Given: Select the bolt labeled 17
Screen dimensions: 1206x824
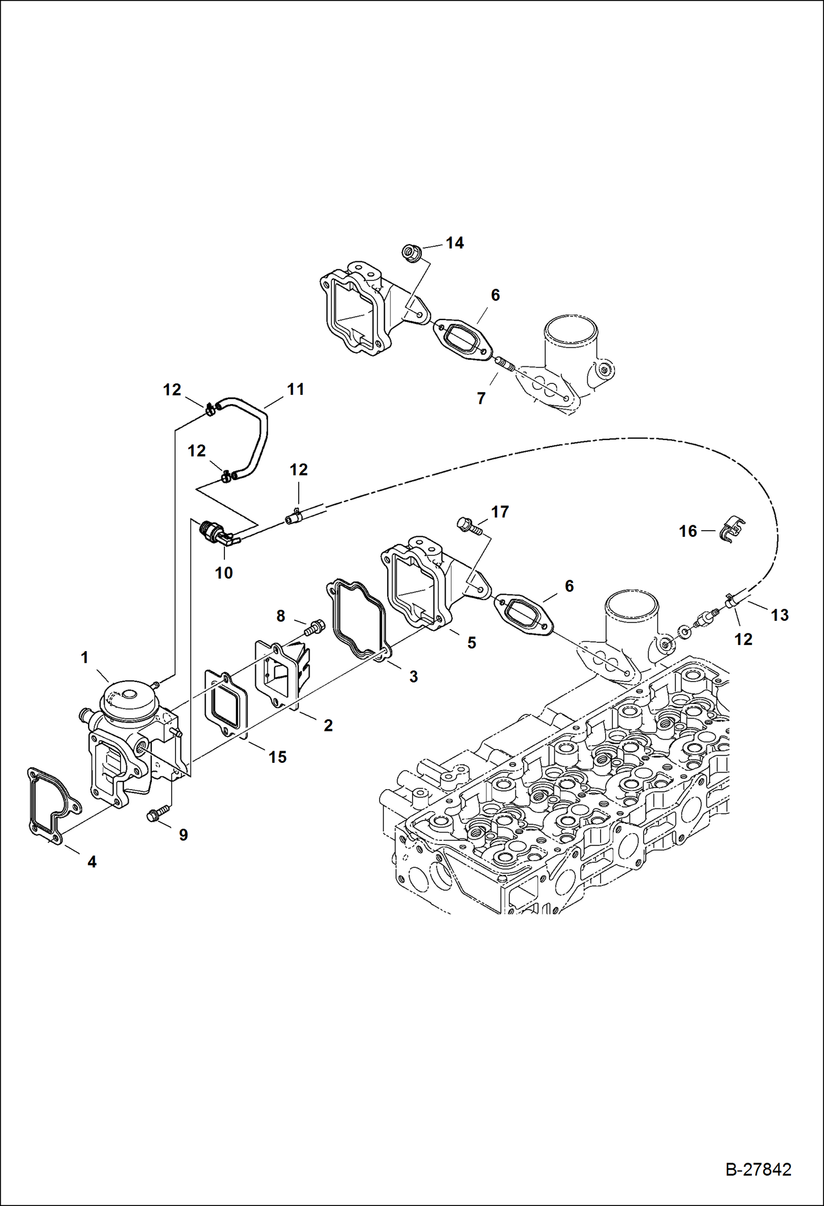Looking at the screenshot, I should coord(468,525).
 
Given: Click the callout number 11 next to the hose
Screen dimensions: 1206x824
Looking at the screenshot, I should coord(295,389).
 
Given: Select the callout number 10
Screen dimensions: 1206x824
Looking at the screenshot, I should coord(223,573).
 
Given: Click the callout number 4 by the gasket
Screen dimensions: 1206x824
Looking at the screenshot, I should coord(92,862).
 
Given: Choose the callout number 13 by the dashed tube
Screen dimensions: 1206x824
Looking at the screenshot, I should coord(779,615).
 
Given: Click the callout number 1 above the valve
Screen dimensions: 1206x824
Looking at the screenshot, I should coord(85,657).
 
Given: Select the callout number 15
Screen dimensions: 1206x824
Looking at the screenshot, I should coord(277,757).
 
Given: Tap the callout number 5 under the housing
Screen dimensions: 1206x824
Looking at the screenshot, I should coord(471,643).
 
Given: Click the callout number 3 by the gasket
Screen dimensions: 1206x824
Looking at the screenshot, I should coord(413,676).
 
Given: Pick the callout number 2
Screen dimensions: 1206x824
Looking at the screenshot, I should coord(328,725).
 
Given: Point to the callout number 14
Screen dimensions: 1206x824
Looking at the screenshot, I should coord(454,243).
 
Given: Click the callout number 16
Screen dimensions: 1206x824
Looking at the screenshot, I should coord(688,531).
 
